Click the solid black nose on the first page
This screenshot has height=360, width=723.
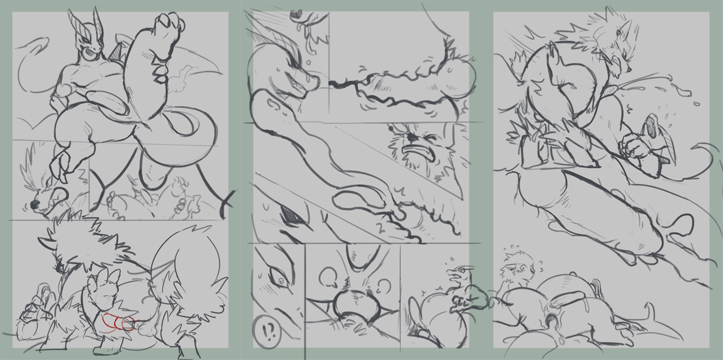pos(34,204)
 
